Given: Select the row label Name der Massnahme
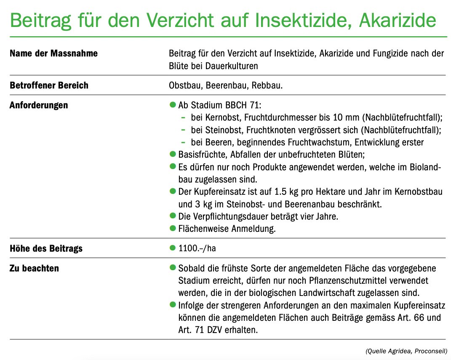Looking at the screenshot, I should click(x=53, y=54).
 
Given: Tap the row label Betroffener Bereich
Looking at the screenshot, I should click(x=49, y=85).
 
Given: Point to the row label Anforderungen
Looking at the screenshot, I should click(x=39, y=105).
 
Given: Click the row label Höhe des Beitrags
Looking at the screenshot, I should click(x=46, y=248).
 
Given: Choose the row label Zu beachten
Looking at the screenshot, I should click(x=34, y=268).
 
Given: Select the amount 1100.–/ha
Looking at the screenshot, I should click(x=197, y=248).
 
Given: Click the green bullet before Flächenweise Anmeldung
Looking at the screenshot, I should click(x=172, y=228).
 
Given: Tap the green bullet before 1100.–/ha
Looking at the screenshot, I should click(x=172, y=248).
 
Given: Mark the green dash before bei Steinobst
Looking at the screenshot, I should click(x=183, y=129).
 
